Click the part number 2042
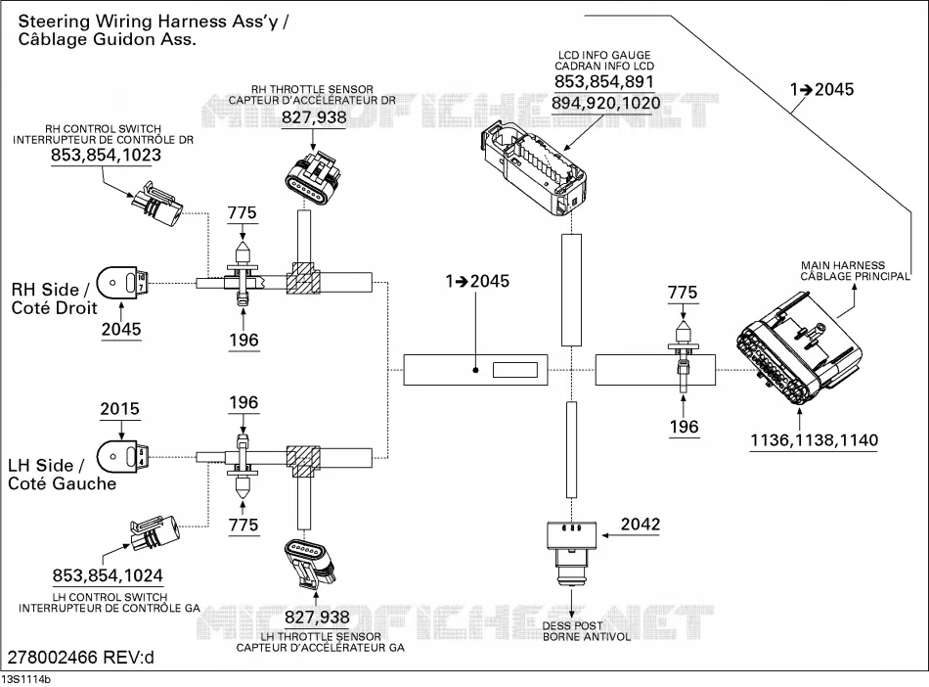point(640,524)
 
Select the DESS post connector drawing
point(571,552)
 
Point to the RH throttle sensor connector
point(314,178)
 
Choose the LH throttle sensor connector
point(310,564)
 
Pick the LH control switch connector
point(155,533)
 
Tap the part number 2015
point(119,409)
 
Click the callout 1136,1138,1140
point(814,440)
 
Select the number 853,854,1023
point(106,156)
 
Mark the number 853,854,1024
point(108,575)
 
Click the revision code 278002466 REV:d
point(80,658)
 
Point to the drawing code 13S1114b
point(26,680)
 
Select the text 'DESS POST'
point(572,626)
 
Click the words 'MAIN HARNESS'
point(843,265)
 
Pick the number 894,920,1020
point(605,104)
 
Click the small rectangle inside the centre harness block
point(514,370)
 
